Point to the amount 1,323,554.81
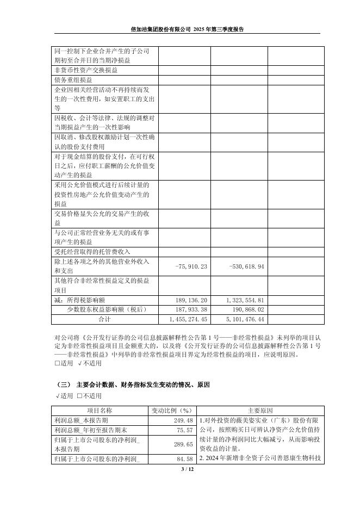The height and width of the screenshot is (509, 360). click(x=245, y=300)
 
